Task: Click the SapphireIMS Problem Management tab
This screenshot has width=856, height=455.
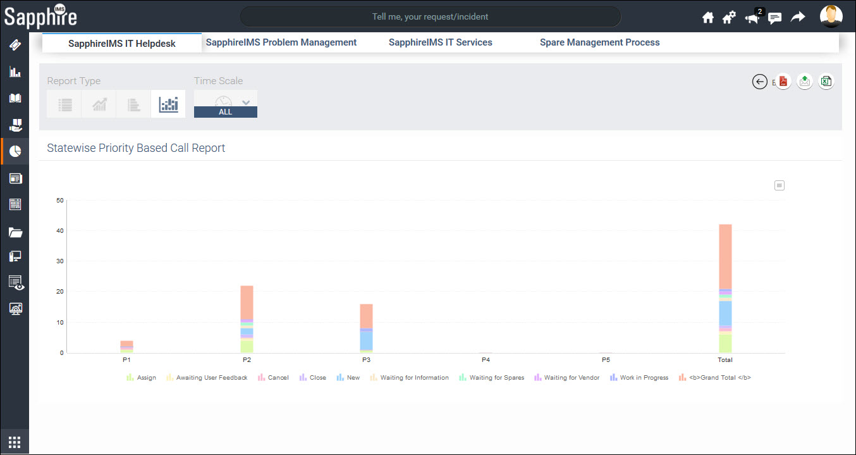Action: click(x=281, y=42)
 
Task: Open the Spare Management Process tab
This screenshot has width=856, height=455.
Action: click(x=599, y=42)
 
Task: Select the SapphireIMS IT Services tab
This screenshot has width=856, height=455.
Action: click(x=440, y=42)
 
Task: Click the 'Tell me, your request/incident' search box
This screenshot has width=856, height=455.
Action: click(x=430, y=16)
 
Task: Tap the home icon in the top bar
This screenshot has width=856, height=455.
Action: click(x=708, y=18)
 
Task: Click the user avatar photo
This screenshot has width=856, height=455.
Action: click(x=831, y=16)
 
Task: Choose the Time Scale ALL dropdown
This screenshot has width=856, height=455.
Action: click(x=226, y=104)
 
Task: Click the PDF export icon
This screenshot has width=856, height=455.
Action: click(x=783, y=82)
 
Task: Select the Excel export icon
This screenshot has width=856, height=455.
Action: click(x=826, y=82)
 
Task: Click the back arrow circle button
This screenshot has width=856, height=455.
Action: click(x=760, y=82)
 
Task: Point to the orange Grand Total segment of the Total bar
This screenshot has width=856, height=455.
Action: click(x=725, y=256)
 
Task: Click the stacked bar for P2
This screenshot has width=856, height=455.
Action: click(x=247, y=319)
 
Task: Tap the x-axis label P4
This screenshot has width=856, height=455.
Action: click(x=486, y=360)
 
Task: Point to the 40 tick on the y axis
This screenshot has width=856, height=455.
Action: click(x=60, y=231)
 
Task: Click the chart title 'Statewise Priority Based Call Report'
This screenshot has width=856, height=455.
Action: click(x=136, y=148)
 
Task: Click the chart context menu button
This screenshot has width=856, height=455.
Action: click(x=780, y=185)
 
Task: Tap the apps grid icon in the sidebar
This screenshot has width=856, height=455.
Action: click(x=15, y=442)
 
